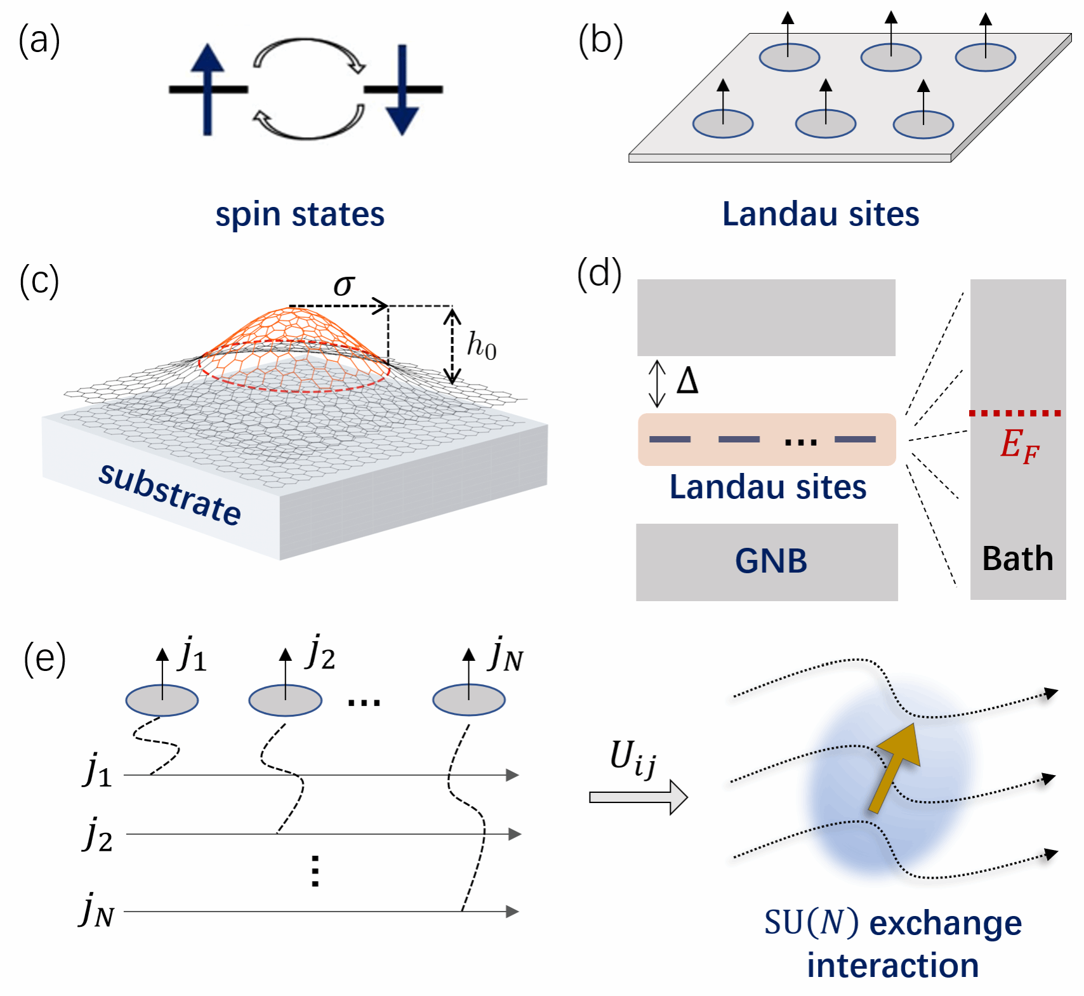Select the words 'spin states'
coord(300,214)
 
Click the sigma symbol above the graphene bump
coord(344,285)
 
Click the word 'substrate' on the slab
coord(170,494)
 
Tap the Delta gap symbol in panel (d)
coord(687,382)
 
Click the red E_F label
coord(1019,445)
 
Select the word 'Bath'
coord(1017,559)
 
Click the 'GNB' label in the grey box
coord(771,561)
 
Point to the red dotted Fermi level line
coord(1015,413)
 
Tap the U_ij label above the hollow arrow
coord(632,759)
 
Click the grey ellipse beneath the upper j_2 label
coord(285,701)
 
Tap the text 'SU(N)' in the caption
coord(812,922)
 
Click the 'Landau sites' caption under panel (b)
coord(821,214)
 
